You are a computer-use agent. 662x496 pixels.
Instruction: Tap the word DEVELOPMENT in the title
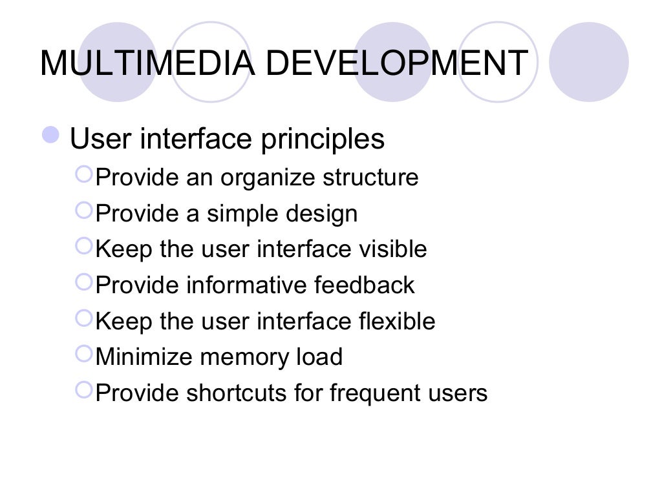tap(396, 63)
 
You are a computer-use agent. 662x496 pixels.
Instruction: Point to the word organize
tap(270, 177)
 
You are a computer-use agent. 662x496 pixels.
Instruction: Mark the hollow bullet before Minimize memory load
tap(84, 355)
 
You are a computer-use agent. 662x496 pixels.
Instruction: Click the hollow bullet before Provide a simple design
tap(84, 211)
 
